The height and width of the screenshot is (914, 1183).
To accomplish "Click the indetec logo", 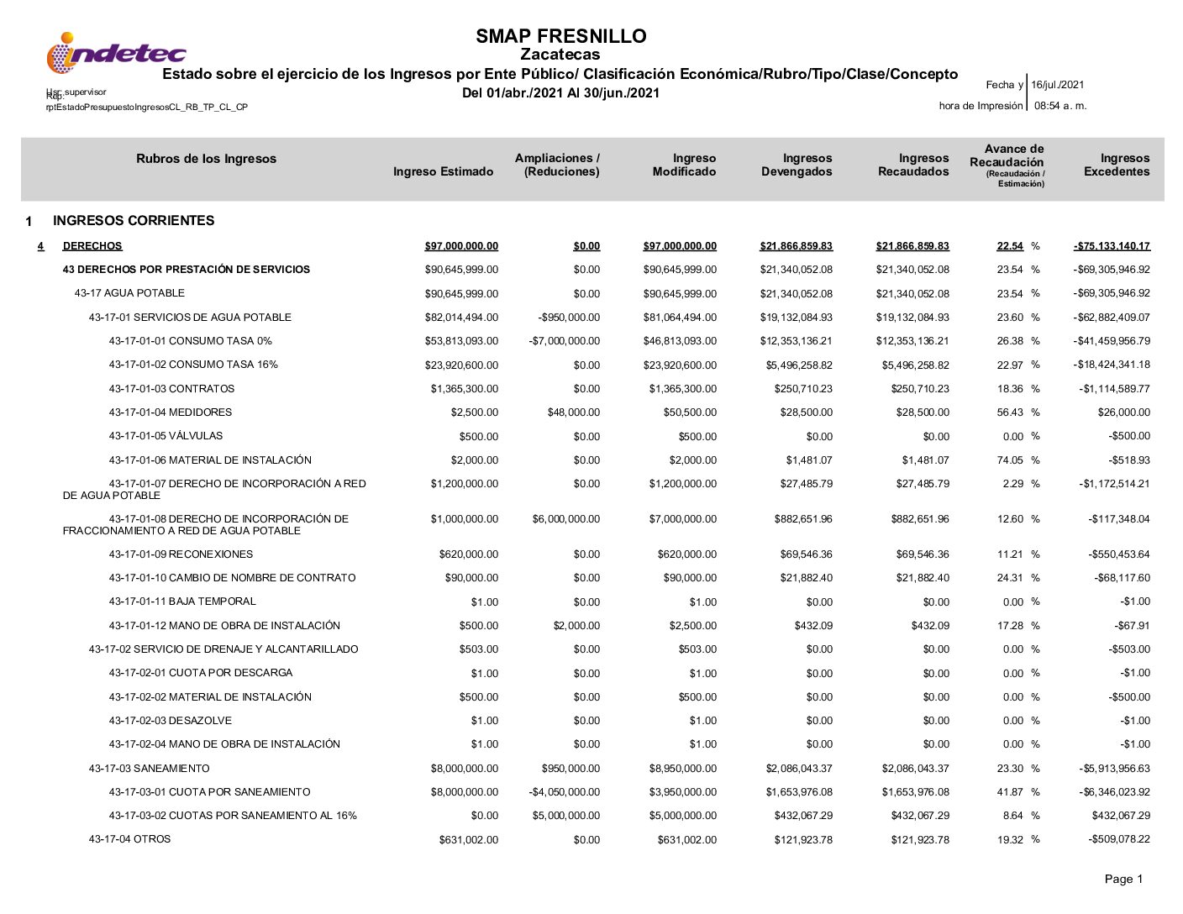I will click(116, 54).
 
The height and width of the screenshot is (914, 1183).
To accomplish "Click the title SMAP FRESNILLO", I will click(560, 36).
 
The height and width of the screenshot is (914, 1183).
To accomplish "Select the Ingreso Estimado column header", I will click(443, 171).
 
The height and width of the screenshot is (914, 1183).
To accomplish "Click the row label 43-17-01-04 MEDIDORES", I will click(170, 412).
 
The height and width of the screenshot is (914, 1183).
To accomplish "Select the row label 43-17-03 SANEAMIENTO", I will click(149, 769).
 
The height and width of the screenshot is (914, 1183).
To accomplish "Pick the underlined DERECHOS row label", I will click(92, 246).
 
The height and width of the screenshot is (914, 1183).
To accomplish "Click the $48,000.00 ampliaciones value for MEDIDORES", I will click(574, 412).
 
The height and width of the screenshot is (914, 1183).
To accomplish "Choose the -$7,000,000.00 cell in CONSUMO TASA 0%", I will click(565, 341).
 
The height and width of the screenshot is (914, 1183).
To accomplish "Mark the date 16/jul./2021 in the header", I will click(1058, 85).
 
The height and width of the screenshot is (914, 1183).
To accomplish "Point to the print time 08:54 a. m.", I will click(1060, 106).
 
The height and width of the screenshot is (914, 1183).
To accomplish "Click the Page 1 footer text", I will click(1123, 879).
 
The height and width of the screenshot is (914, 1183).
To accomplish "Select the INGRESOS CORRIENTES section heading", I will click(134, 221).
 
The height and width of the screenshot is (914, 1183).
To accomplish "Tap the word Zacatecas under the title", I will click(560, 55).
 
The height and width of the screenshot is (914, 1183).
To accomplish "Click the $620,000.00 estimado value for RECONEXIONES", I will click(468, 554).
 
